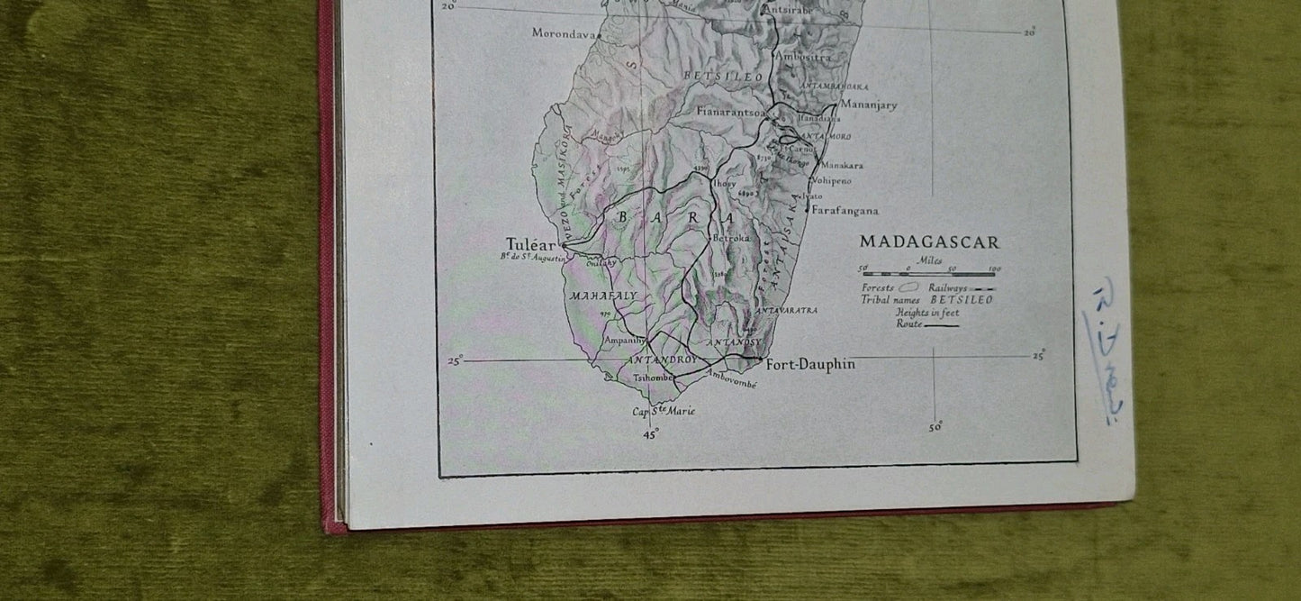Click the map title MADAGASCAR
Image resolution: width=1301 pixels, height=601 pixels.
[929, 241]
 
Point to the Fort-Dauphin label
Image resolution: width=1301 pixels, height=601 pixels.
[810, 364]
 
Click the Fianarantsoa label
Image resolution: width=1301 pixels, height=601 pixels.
[731, 112]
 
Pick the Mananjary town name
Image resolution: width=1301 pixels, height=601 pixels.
[868, 105]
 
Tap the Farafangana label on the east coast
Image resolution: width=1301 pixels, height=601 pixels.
[845, 211]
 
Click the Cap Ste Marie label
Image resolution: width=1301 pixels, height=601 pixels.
[664, 411]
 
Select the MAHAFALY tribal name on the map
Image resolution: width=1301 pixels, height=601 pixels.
[602, 296]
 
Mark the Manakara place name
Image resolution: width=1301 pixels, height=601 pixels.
[842, 166]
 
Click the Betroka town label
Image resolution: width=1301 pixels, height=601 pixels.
[730, 239]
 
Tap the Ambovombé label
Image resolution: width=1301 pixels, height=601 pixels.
[731, 379]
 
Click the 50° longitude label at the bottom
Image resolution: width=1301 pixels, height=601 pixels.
[935, 427]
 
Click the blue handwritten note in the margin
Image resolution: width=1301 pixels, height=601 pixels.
[1107, 351]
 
